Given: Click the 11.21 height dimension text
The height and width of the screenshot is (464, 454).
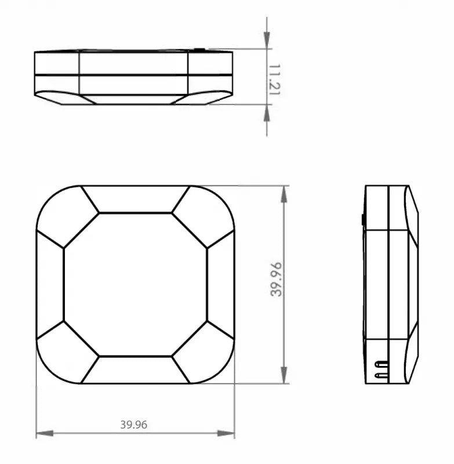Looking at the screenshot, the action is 274,79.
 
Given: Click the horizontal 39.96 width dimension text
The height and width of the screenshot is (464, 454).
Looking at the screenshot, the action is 134,425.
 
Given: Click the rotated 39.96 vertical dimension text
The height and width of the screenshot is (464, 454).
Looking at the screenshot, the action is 276,280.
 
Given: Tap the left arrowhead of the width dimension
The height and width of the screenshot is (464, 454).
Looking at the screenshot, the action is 45,433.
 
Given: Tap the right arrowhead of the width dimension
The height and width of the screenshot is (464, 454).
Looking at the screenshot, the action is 226,433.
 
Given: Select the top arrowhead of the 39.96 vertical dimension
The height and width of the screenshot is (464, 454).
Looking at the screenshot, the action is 284,194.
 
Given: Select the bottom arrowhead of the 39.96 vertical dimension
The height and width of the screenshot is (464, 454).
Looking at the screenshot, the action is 284,375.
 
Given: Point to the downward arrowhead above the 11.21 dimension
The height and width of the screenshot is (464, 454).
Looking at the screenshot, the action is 267,40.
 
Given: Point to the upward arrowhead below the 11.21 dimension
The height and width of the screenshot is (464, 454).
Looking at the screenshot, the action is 267,113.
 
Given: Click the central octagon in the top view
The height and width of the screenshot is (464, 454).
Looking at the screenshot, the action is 136,284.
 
